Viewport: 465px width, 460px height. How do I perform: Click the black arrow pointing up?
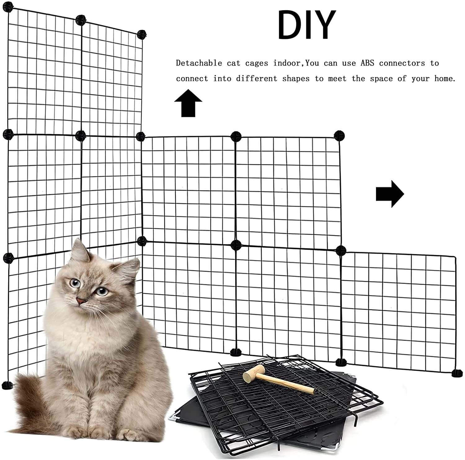pos(188,103)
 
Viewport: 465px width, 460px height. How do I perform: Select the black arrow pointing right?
pos(390,194)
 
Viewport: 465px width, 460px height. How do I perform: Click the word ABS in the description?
pos(367,63)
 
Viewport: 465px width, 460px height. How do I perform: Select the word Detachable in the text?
pos(199,63)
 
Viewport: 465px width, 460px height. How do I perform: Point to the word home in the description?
pos(445,79)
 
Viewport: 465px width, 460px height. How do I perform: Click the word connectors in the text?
pos(402,63)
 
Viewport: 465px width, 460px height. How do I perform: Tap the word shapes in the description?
pos(296,79)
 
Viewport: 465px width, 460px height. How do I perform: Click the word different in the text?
pos(257,79)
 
